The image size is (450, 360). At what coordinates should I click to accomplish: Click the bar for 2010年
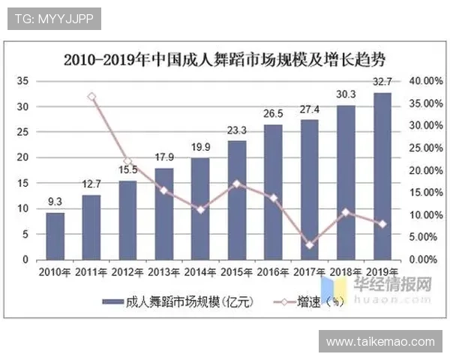(55, 235)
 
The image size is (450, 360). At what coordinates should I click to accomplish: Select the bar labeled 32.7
(382, 176)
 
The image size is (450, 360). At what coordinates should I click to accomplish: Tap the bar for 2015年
(237, 199)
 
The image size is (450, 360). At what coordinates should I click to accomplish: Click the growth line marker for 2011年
(91, 97)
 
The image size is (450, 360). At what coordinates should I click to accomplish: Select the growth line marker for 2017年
(310, 244)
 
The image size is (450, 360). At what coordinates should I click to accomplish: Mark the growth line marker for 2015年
(237, 183)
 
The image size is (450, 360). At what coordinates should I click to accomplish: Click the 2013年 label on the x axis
(164, 271)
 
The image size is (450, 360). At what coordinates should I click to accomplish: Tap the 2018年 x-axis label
(346, 271)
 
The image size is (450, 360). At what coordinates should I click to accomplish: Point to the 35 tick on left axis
(22, 80)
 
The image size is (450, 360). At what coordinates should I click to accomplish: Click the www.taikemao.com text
(380, 342)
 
